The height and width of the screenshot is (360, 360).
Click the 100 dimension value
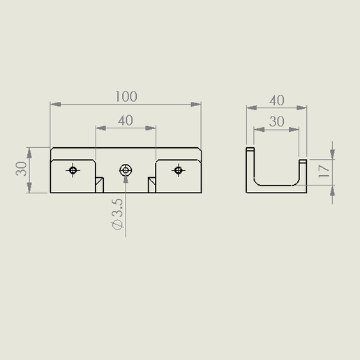click(126, 96)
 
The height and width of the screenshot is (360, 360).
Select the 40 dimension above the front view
click(126, 120)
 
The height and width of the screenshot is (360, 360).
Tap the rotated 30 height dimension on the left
click(22, 170)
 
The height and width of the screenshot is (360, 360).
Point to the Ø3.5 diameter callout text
click(117, 213)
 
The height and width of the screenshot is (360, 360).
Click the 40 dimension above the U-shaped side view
click(276, 100)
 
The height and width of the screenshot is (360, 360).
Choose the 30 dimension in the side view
click(276, 121)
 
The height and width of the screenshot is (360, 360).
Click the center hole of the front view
click(126, 170)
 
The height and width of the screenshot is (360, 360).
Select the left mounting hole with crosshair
click(73, 170)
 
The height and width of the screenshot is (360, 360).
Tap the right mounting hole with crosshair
click(179, 170)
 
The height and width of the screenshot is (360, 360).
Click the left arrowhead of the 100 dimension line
click(54, 105)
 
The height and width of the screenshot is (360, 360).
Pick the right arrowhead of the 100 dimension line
click(198, 105)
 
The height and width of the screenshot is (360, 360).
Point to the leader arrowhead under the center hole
click(126, 178)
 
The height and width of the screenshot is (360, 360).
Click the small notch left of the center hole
click(99, 185)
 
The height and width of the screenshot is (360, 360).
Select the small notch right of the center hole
click(151, 185)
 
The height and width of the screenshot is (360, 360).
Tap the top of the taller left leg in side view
click(249, 149)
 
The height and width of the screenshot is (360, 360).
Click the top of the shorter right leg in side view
click(303, 160)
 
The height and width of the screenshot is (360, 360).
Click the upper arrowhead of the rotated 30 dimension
click(30, 151)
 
